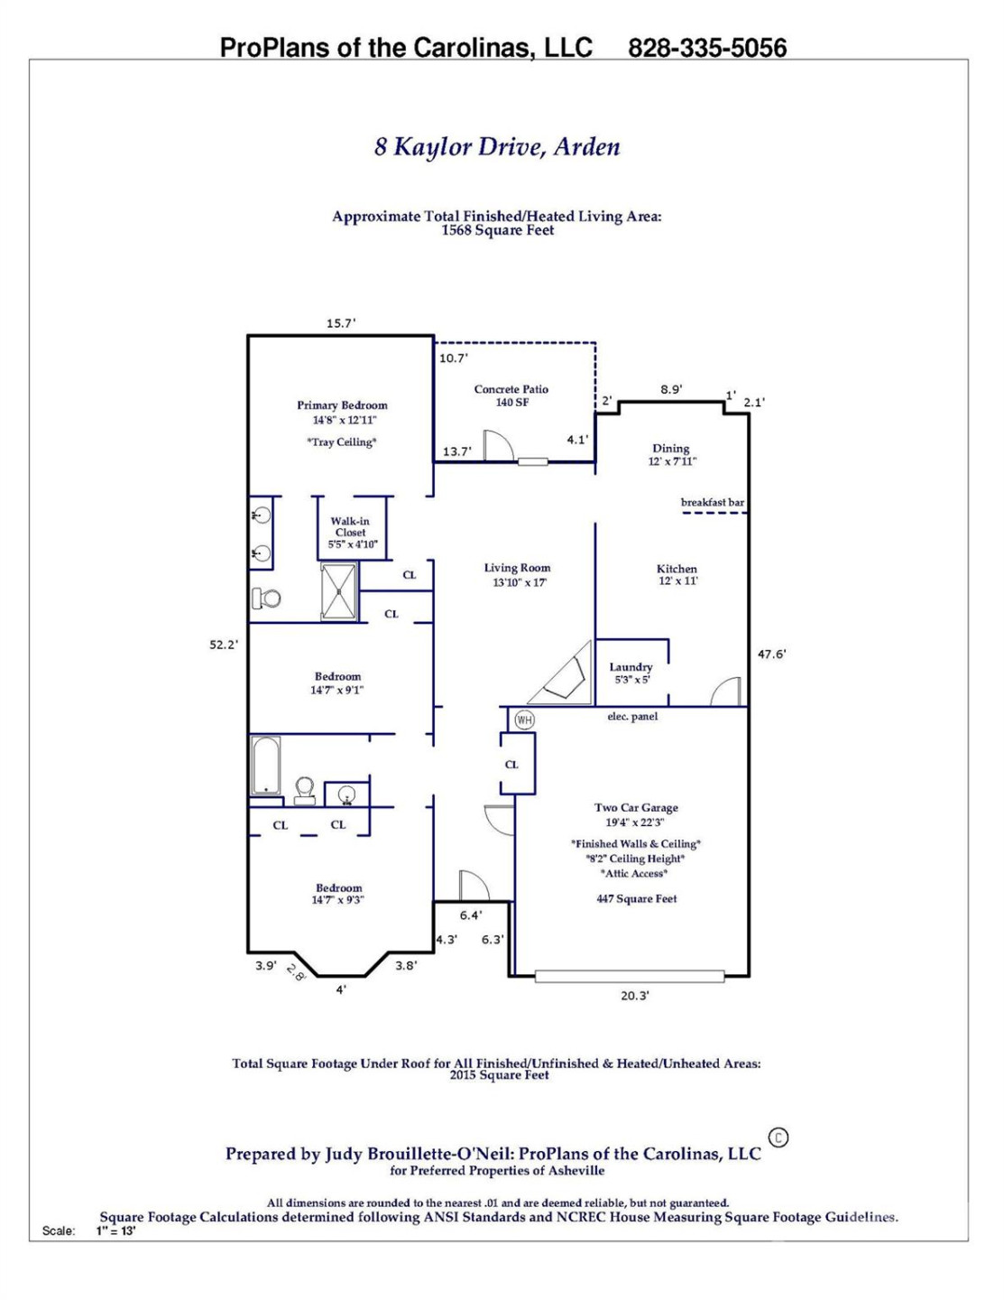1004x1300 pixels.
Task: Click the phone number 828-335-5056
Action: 707,48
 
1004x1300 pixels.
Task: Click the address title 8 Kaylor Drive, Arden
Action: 497,146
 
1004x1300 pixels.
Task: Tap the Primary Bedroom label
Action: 342,406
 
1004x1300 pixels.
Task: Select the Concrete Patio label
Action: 511,390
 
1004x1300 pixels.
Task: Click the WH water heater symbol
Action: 524,720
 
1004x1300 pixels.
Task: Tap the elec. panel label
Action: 632,717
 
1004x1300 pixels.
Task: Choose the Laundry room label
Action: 631,667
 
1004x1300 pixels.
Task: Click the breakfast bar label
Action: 713,503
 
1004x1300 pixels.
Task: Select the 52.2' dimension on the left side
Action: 224,645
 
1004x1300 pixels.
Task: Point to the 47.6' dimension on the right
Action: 771,655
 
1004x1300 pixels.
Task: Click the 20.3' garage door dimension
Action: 635,996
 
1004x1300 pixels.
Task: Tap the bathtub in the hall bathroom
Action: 266,766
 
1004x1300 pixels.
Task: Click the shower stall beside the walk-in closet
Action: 339,591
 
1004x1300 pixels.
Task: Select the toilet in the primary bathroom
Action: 265,598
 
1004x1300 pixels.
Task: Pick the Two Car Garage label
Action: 636,808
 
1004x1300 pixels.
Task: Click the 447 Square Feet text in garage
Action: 636,899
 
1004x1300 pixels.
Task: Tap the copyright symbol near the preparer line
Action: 778,1137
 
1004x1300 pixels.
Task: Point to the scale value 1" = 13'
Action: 116,1230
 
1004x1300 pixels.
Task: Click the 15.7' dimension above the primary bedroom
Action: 341,323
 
